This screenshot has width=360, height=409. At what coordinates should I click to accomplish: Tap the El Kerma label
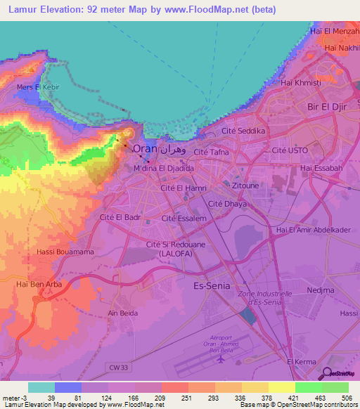point(301,361)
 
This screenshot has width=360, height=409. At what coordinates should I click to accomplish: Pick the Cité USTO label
point(288,150)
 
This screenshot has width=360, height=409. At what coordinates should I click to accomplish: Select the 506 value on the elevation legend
point(345,397)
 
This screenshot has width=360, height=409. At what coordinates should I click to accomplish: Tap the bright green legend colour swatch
point(309,387)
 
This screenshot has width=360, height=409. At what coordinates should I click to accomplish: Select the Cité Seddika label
point(243,131)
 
